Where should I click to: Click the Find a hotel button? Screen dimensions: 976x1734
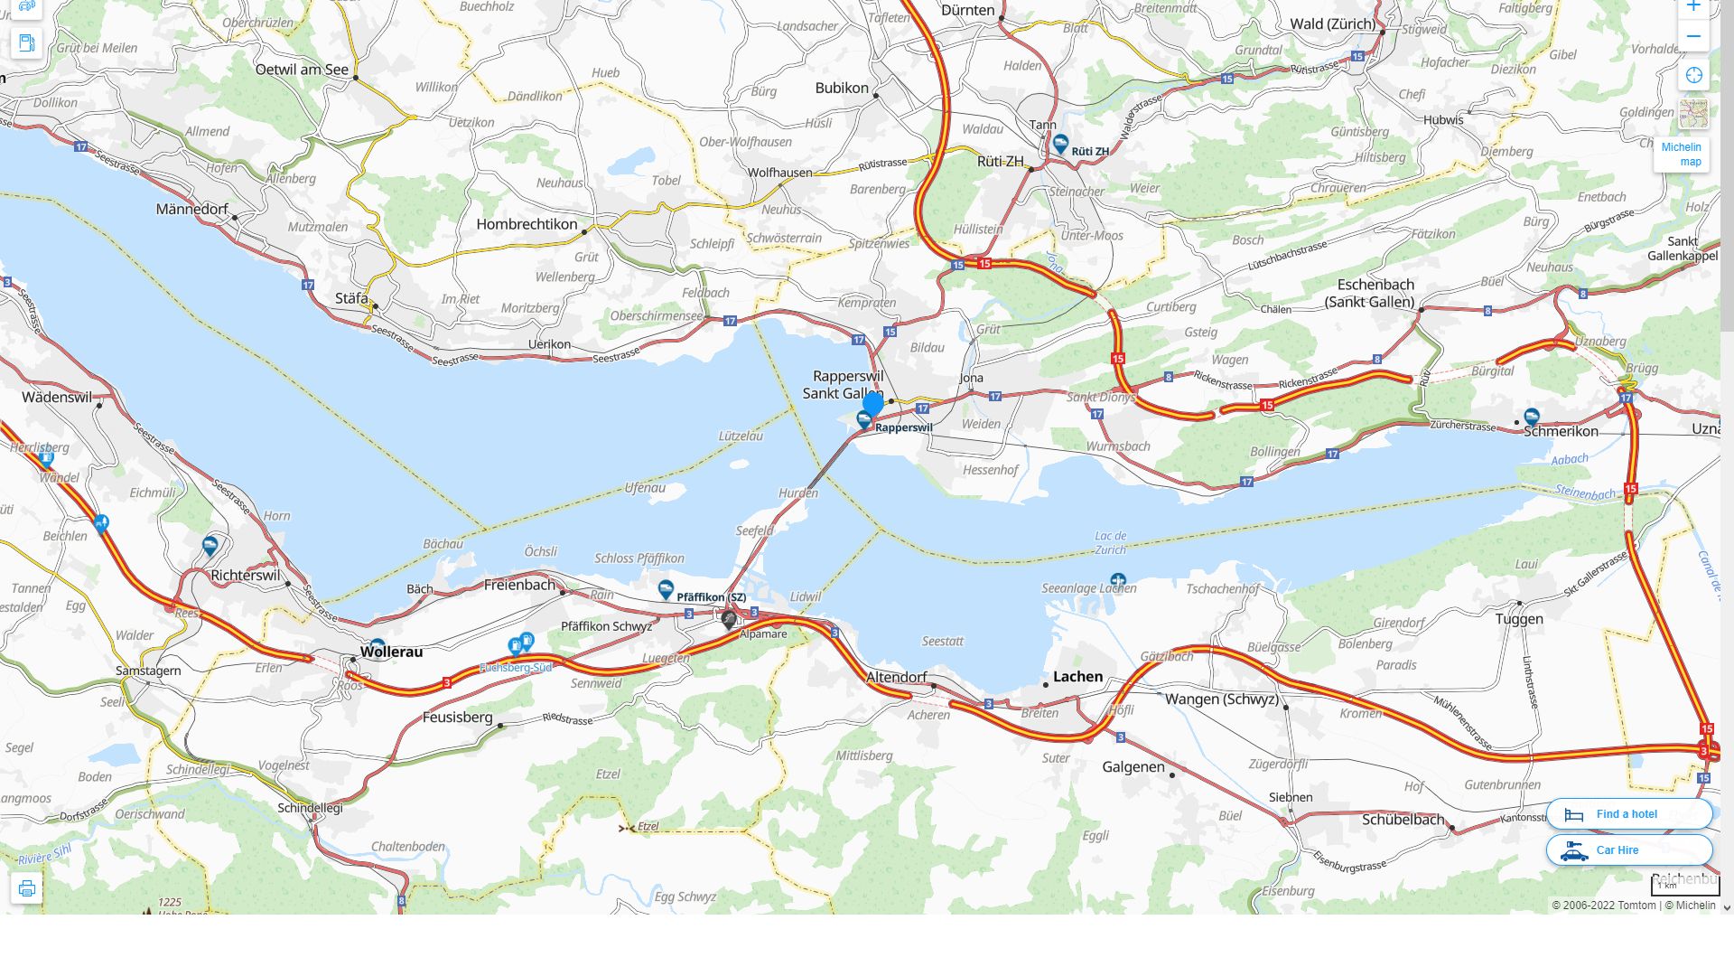1628,814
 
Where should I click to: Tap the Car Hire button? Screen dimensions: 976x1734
1628,850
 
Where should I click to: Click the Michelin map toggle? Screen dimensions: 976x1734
1681,154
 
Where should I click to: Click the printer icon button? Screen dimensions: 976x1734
27,888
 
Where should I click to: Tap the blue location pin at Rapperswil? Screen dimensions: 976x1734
872,404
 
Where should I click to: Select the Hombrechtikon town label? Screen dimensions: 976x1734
527,224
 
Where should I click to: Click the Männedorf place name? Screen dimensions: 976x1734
191,210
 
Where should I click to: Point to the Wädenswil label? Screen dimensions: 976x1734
57,398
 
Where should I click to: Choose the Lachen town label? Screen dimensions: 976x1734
1077,677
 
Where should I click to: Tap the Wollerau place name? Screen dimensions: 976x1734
391,652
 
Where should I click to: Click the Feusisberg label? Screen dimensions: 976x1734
457,718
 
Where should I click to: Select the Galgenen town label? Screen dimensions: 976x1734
1133,767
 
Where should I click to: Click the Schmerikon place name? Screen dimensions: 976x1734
1561,432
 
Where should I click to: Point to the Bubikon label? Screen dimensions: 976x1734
841,89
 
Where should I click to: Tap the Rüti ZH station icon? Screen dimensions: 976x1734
1060,144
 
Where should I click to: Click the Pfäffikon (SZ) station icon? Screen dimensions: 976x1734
666,590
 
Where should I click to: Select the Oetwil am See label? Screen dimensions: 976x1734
302,70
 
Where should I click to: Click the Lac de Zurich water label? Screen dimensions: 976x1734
1110,542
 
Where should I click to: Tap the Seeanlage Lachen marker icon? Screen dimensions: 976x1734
1118,580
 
